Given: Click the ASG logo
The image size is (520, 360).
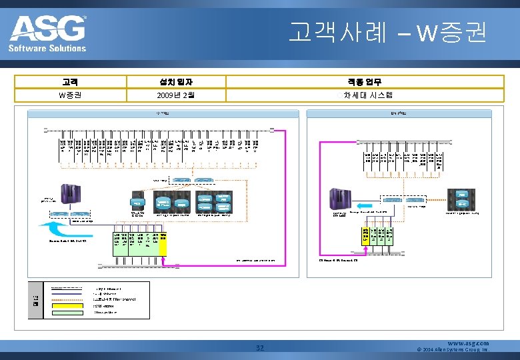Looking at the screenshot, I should (47, 28).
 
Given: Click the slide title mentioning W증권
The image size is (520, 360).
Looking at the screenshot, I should (387, 33).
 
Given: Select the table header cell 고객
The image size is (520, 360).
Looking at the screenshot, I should (69, 81).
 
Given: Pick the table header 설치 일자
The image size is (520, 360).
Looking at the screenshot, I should (176, 81).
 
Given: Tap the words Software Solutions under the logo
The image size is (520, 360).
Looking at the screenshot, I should (47, 48).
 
